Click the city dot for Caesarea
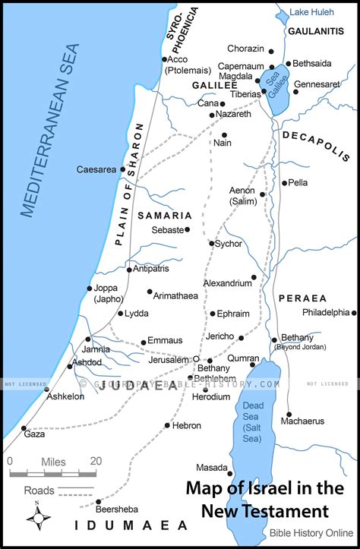click(123, 169)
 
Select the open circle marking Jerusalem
click(196, 358)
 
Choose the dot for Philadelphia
click(355, 312)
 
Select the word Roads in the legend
click(39, 491)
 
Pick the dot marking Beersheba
click(98, 501)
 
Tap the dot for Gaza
click(23, 428)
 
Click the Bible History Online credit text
click(311, 533)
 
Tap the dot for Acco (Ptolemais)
click(164, 59)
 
